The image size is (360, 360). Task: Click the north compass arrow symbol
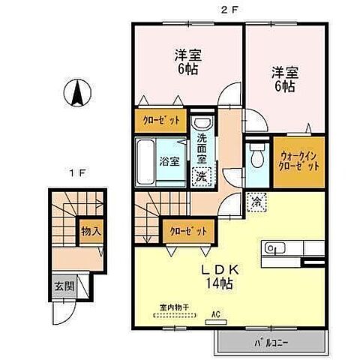(76, 95)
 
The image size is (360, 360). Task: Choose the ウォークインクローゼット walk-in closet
(299, 159)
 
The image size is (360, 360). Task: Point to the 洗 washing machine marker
(201, 177)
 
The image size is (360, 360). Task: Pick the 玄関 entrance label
(62, 286)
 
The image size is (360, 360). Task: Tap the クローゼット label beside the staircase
(187, 231)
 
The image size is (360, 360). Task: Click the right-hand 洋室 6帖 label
(282, 79)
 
